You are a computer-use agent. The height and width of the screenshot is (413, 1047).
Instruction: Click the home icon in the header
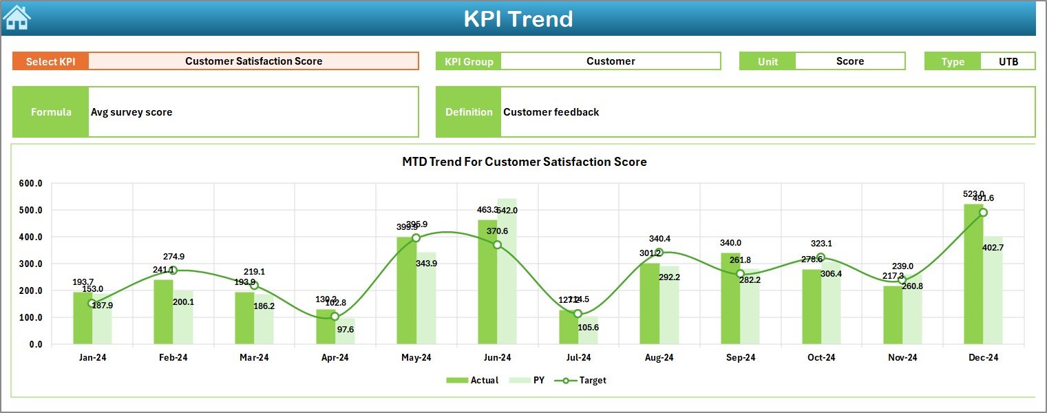pos(17,18)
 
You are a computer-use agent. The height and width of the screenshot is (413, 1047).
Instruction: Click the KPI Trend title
pos(518,19)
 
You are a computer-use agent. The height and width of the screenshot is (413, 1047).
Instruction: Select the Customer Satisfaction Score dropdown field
pos(253,61)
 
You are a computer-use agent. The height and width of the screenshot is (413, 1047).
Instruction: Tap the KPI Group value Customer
pos(610,61)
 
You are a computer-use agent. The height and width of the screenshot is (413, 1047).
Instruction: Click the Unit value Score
pos(849,61)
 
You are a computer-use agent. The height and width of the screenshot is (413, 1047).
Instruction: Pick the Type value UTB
pos(1008,61)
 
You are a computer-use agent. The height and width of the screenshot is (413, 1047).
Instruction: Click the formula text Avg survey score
pos(131,112)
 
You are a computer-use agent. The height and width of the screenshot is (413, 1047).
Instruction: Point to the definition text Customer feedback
pos(551,112)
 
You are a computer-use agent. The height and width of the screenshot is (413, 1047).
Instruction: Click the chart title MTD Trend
pos(524,162)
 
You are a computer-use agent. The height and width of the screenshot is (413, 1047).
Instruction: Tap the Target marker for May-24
pos(416,238)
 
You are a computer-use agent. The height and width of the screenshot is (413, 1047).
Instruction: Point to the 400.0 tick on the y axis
pos(31,237)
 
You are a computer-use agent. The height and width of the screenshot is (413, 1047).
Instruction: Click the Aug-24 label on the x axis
pos(659,358)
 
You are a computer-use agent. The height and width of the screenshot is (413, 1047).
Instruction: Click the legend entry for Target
pos(585,380)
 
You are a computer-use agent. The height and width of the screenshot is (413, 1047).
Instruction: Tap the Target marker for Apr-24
pos(335,317)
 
